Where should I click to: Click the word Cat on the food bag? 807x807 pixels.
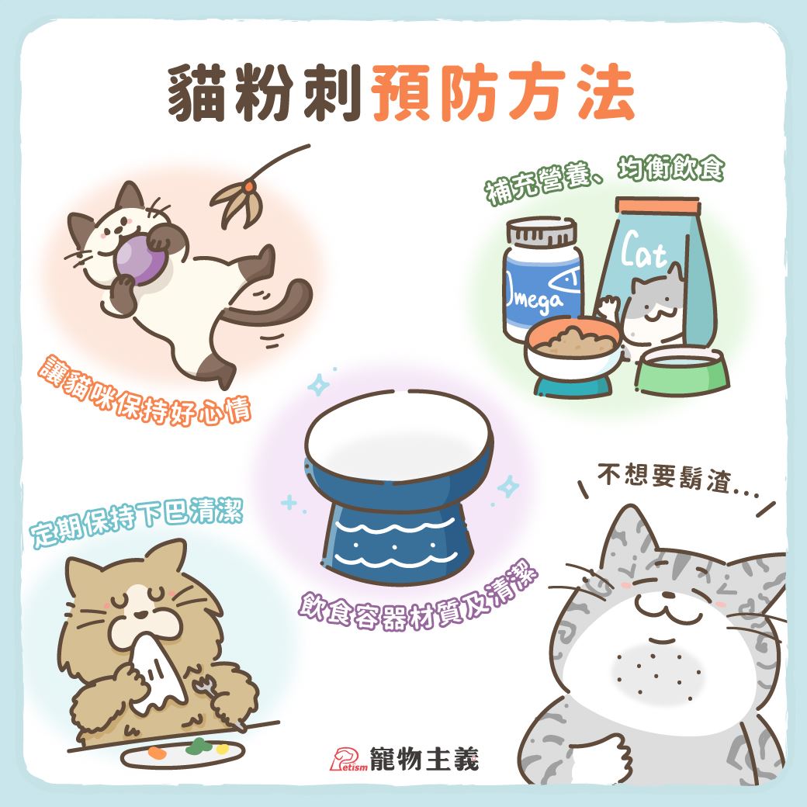[x=642, y=251]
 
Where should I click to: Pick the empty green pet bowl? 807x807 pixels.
[x=681, y=371]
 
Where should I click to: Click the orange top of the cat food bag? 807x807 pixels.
[x=658, y=206]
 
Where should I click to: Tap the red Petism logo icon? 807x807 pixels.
[x=348, y=759]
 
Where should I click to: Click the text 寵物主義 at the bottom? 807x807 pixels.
[x=424, y=759]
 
